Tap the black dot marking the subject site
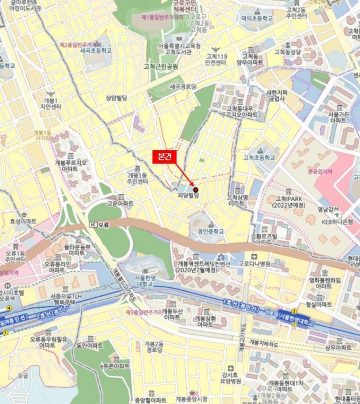click(x=195, y=190)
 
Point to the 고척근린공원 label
click(x=161, y=66)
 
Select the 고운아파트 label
click(x=120, y=204)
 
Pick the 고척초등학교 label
click(x=259, y=157)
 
